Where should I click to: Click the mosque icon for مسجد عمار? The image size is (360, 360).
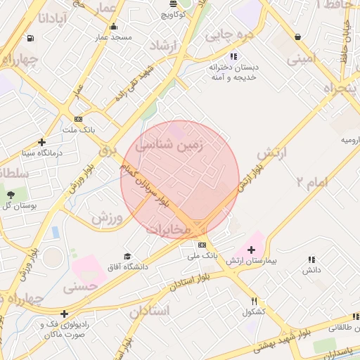pos(113,27)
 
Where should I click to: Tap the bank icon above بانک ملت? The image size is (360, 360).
pos(78,119)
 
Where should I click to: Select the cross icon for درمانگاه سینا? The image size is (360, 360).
pos(42,142)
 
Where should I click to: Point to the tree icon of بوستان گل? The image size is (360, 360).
pos(11,194)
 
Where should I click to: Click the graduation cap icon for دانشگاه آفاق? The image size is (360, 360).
pos(127,257)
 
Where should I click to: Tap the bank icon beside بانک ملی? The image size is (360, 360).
pos(202,245)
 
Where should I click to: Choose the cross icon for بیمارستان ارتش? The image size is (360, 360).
pos(251,250)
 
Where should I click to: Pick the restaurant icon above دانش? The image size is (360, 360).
pos(311,259)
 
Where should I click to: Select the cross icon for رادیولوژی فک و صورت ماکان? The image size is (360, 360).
pos(65,314)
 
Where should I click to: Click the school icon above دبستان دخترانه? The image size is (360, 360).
pos(233,56)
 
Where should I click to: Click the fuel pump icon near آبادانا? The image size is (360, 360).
pos(30,38)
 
